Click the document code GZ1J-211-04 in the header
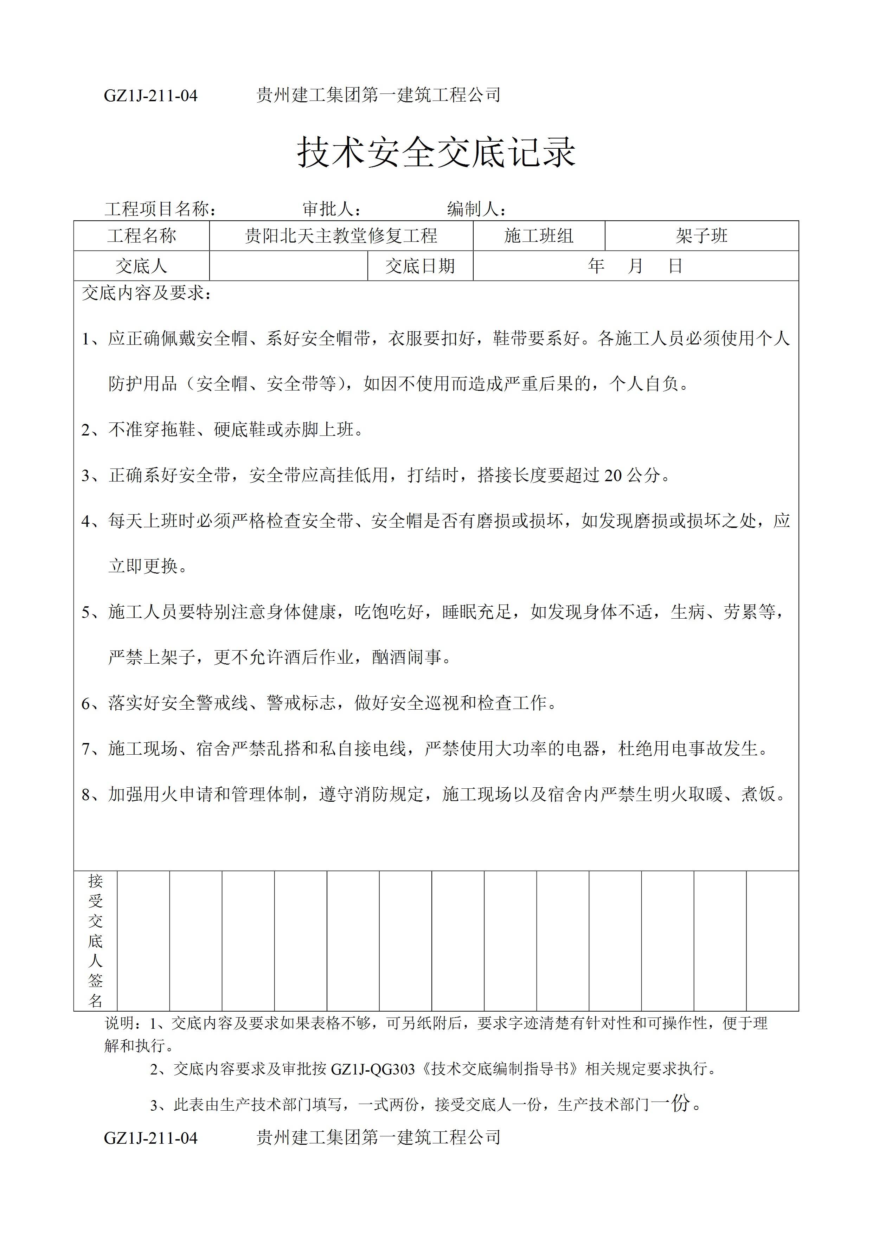click(150, 96)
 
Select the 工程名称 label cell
click(141, 236)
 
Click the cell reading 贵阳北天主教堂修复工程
click(341, 236)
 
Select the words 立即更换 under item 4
click(143, 566)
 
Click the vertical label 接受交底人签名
click(95, 940)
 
